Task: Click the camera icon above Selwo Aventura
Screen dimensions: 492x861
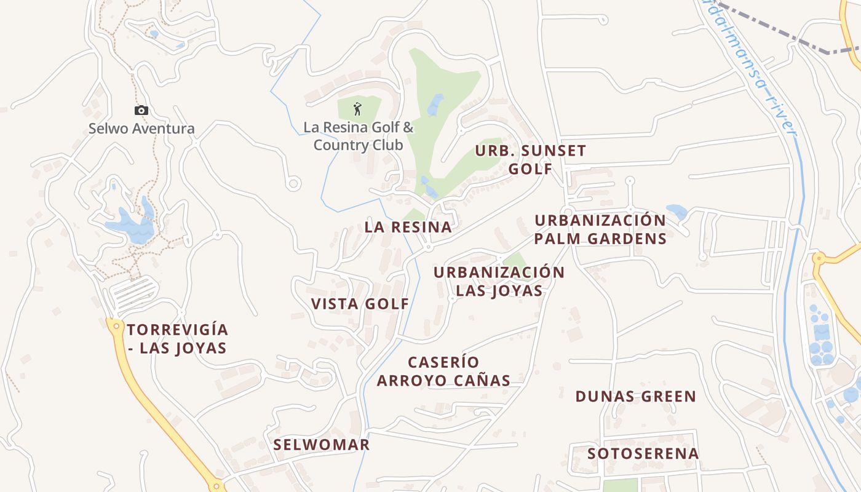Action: pos(141,111)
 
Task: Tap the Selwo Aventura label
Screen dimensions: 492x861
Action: pos(141,129)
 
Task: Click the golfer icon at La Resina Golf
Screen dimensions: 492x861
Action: pos(358,109)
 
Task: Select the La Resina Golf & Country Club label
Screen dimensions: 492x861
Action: pos(359,136)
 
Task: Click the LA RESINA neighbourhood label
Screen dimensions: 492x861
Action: pos(408,227)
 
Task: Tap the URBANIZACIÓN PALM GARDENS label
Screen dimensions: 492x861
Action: pos(600,229)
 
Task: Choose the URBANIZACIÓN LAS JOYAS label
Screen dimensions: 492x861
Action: pos(499,282)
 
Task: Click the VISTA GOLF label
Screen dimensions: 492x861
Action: pos(360,304)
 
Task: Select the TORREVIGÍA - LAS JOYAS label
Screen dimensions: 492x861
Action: pos(177,339)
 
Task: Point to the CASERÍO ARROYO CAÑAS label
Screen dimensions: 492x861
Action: pos(443,371)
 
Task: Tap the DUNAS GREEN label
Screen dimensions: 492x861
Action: pos(635,397)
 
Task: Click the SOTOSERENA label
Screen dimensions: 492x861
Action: pos(643,454)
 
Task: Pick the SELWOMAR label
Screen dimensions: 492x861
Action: pos(322,445)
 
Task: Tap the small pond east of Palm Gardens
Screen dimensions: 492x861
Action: pos(676,211)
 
